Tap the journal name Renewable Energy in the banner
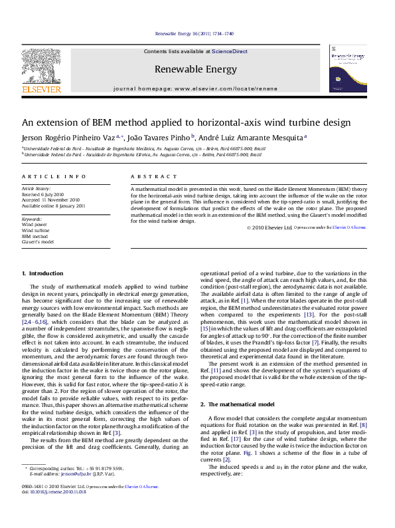coord(195,69)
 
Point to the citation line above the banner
coord(194,33)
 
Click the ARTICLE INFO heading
coord(44,176)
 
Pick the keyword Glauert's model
coord(38,242)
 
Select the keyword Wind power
coord(34,225)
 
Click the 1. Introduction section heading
coord(42,273)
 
